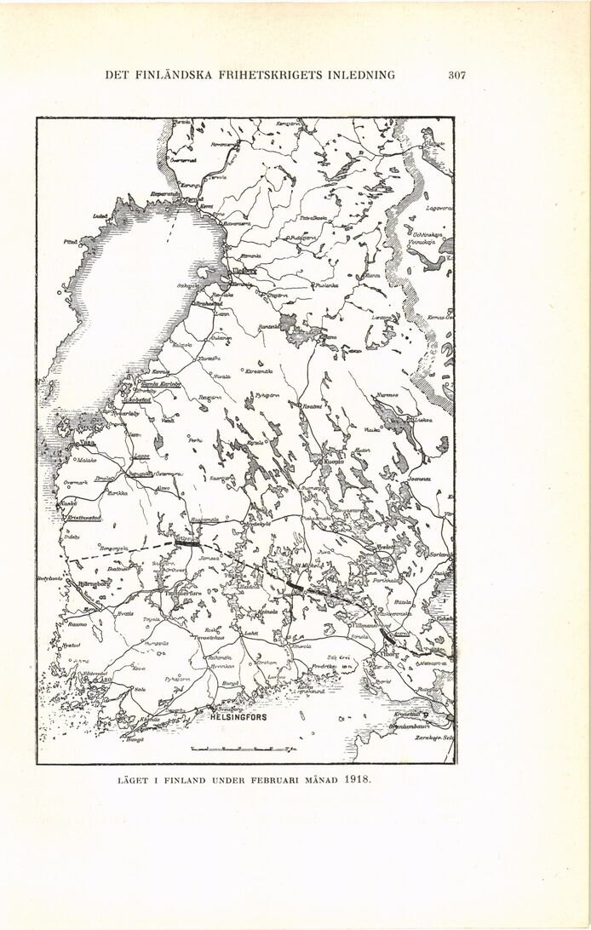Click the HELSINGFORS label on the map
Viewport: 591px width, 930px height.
tap(238, 717)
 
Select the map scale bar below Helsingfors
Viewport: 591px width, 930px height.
tap(241, 749)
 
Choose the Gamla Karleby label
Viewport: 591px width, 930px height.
tap(161, 384)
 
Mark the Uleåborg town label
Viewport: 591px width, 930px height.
tap(245, 272)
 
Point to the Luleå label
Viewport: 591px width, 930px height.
tap(99, 217)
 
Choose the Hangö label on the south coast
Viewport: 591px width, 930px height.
tap(135, 740)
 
